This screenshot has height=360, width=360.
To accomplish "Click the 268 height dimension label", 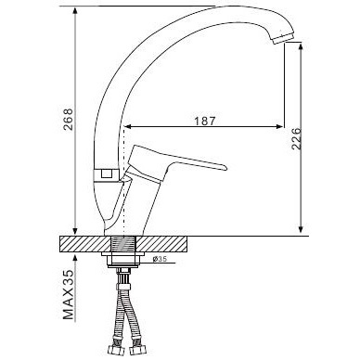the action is (68, 119).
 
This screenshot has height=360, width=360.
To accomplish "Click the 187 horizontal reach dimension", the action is (204, 121).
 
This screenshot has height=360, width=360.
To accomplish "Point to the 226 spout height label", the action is (296, 138).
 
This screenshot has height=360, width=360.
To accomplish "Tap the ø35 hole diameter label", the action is (161, 259).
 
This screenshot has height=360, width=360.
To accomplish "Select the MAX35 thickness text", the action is (69, 295).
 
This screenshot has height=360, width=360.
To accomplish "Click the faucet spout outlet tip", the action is (283, 38).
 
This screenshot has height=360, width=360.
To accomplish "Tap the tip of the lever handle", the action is (225, 167).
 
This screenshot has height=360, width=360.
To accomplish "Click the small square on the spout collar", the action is (106, 174).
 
